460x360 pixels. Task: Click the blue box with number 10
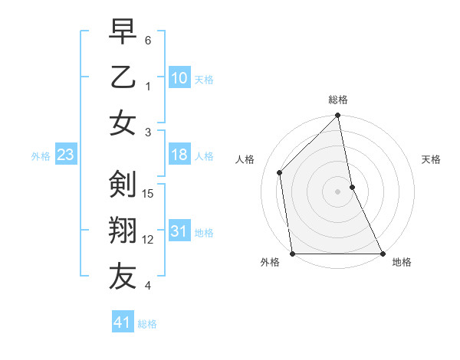point(179,78)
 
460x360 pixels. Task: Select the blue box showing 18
point(179,155)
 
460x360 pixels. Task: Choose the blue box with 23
point(66,155)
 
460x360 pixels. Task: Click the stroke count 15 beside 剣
point(149,194)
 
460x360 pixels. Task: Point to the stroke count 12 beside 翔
point(149,240)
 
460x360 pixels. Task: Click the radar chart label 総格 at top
point(337,100)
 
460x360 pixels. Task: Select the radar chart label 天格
point(431,160)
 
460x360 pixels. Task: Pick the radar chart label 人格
point(245,160)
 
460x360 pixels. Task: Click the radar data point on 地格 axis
point(383,254)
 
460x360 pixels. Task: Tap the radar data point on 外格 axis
point(293,254)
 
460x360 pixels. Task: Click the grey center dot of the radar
point(337,191)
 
